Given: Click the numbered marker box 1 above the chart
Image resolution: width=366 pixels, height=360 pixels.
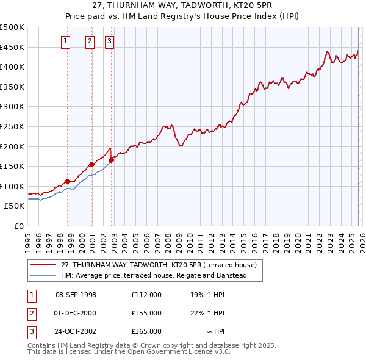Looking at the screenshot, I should coord(65,41).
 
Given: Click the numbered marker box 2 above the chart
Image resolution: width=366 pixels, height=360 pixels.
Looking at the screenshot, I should coord(90,41).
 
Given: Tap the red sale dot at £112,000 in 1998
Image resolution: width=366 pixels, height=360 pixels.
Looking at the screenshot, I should coord(67,181).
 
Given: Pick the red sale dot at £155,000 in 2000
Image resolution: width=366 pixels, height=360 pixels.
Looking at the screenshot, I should coord(91,164).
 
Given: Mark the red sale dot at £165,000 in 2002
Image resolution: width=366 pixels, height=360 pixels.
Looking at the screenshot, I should coord(112,160).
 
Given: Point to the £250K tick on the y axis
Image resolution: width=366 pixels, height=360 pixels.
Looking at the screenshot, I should coord(13,126).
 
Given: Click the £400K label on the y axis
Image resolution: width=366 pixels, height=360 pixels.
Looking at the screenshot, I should coord(13,67).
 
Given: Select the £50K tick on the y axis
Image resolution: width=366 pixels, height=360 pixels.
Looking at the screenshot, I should coord(15,206).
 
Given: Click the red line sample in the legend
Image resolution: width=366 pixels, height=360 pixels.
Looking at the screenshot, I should coord(43,265).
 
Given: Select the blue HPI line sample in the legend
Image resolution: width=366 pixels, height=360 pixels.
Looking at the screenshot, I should coord(43,275).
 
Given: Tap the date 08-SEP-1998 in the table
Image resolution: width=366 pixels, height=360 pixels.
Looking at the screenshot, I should coord(76,295).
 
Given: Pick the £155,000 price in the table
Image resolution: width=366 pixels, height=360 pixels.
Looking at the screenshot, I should coord(146,313).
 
